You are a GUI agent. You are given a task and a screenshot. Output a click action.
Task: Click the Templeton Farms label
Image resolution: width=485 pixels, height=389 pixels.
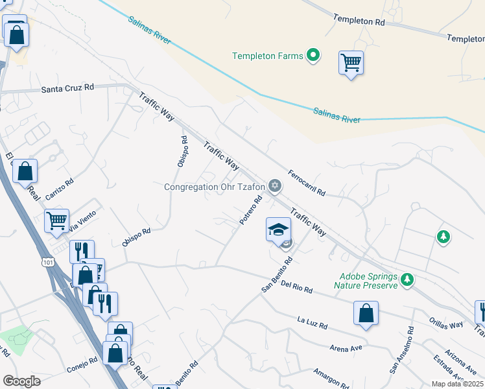click(268, 56)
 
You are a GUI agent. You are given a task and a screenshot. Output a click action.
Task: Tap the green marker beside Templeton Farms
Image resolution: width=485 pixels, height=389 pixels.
click(313, 56)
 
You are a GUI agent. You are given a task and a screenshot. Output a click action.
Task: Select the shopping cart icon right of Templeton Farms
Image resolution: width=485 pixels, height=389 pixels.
click(351, 64)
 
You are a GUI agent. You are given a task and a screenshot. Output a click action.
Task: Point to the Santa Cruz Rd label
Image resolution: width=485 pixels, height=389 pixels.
click(67, 88)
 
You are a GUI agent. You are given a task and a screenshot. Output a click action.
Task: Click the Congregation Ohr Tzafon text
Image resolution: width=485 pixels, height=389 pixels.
click(215, 187)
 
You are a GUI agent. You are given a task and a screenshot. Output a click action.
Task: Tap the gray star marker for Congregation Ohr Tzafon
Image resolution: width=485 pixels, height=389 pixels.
click(275, 187)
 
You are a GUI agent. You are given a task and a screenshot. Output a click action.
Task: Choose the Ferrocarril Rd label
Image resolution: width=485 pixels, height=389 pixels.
click(307, 185)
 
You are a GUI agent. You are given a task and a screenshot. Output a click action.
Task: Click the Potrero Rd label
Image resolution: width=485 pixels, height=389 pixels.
click(250, 211)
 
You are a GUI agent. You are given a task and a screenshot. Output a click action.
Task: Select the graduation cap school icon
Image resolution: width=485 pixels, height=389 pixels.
click(278, 230)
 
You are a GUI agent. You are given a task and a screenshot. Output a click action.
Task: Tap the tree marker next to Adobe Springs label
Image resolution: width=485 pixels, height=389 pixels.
click(407, 280)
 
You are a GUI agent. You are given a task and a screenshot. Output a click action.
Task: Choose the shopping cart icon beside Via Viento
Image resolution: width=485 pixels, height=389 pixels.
click(57, 220)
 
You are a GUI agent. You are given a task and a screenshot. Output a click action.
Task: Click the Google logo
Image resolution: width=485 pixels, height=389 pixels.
click(21, 381)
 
